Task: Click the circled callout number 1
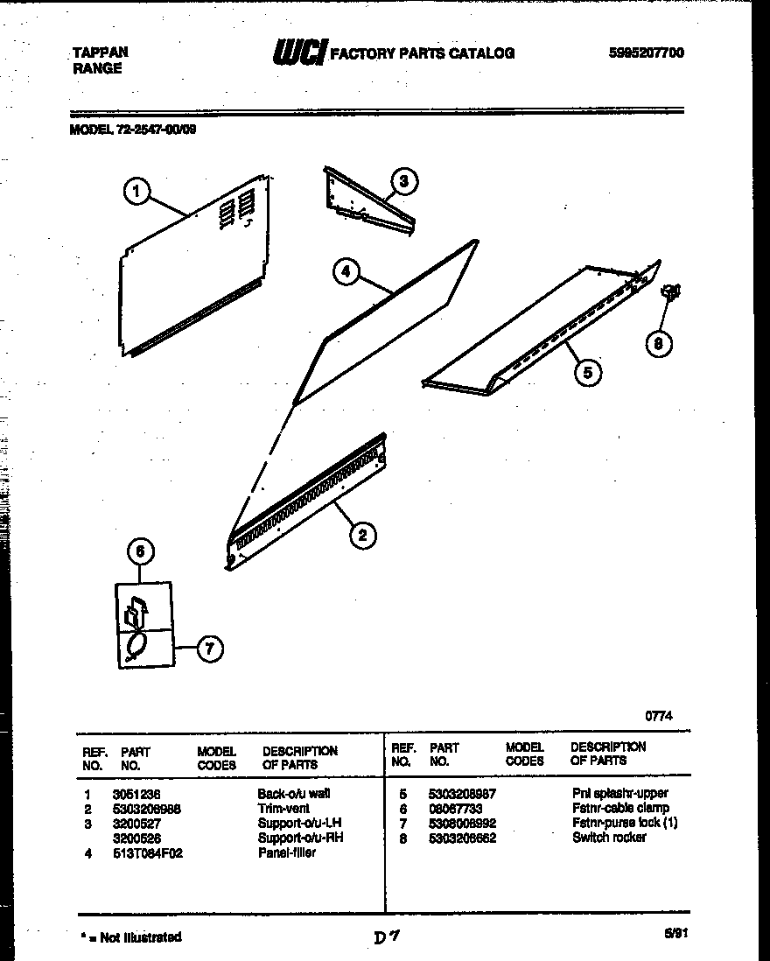137,191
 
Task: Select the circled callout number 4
346,272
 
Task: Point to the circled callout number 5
588,372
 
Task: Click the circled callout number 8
658,345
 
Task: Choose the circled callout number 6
141,551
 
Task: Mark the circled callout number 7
208,649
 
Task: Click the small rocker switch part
672,294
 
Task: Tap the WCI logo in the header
298,53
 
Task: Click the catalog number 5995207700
647,53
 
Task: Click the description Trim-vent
278,809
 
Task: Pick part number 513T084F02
147,853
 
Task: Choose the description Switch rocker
610,838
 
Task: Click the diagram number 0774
659,715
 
